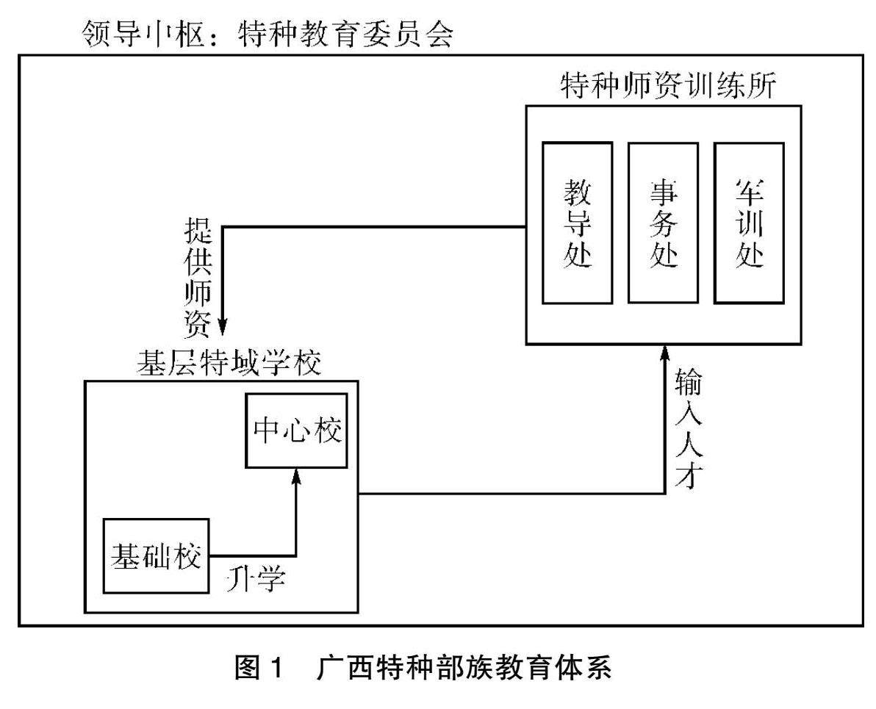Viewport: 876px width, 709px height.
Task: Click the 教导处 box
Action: coord(577,223)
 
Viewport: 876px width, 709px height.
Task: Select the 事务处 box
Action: coord(663,223)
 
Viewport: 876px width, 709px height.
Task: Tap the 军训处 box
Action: coord(749,223)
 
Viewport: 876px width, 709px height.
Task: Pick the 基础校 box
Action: coord(156,556)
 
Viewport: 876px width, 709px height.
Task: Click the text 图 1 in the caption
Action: coord(259,671)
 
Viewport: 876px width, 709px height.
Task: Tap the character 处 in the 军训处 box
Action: coord(749,257)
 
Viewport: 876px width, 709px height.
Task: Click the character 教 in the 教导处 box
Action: coord(577,190)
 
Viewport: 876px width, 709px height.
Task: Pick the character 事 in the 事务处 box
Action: coord(663,190)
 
